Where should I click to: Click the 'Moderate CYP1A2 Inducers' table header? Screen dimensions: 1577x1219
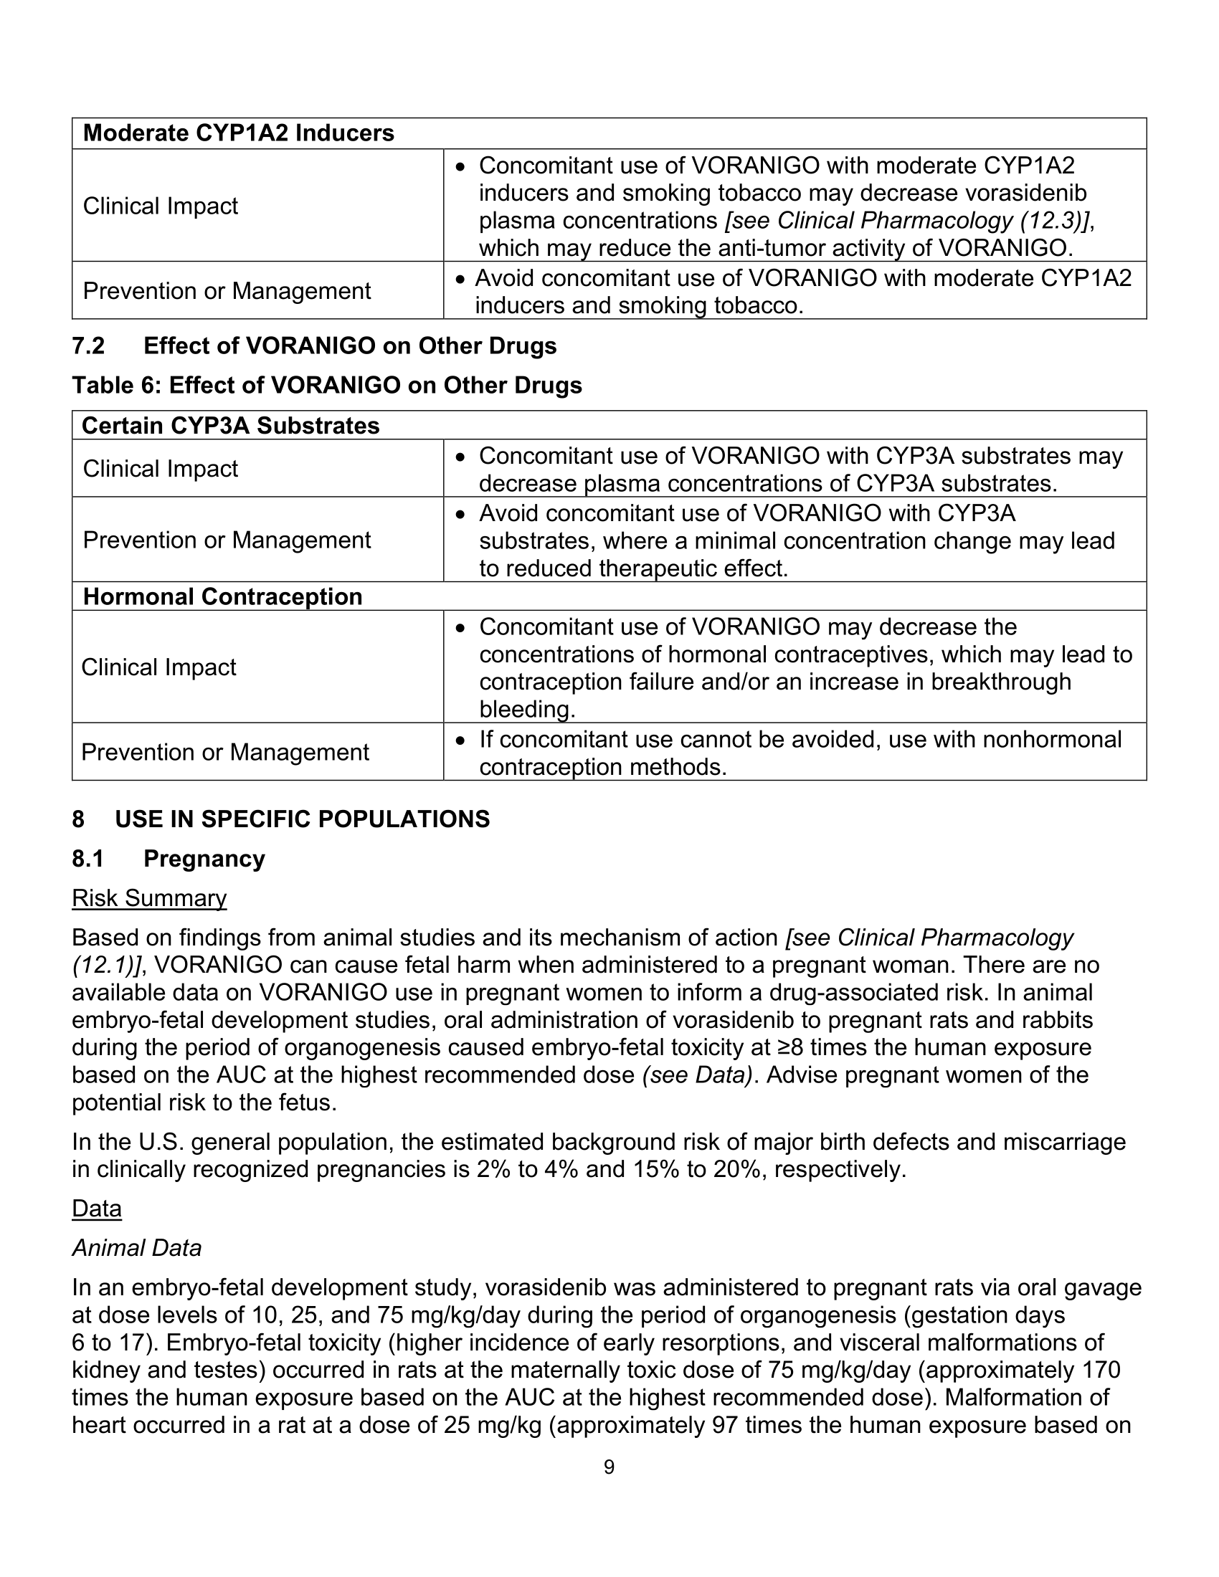pyautogui.click(x=238, y=133)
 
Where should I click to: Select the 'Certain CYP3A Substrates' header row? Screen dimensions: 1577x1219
pyautogui.click(x=230, y=426)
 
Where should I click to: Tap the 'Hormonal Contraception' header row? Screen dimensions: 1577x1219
pyautogui.click(x=222, y=597)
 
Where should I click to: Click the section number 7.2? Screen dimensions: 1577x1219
pyautogui.click(x=88, y=346)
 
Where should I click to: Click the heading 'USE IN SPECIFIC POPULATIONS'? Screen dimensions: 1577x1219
pyautogui.click(x=302, y=819)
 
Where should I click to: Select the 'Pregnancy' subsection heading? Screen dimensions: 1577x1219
pyautogui.click(x=204, y=859)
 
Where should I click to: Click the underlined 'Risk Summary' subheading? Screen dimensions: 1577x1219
pyautogui.click(x=148, y=898)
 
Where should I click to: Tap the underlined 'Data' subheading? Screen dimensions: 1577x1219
pyautogui.click(x=97, y=1209)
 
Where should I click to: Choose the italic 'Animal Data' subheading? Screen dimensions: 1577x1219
pyautogui.click(x=136, y=1248)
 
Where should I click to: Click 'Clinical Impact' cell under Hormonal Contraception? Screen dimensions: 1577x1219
pyautogui.click(x=158, y=667)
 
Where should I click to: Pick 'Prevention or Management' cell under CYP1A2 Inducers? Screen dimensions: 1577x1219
pyautogui.click(x=227, y=291)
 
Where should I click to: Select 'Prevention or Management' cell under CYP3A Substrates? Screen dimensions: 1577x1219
pyautogui.click(x=227, y=540)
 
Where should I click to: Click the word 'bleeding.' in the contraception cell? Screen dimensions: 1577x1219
pyautogui.click(x=527, y=710)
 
